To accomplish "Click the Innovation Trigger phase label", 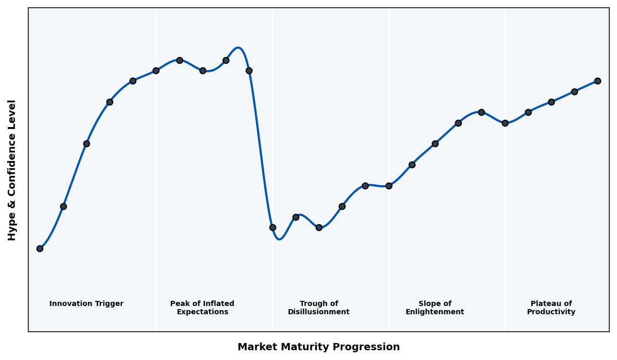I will click(86, 304).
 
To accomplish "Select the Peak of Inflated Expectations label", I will click(202, 308).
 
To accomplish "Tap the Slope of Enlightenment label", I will click(434, 308).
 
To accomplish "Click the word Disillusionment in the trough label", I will click(318, 312).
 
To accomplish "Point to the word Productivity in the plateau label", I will click(551, 312).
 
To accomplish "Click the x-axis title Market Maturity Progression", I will click(318, 347).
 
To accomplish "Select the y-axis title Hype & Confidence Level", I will click(12, 170).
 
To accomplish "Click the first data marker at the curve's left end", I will click(40, 248).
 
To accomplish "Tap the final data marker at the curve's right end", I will click(597, 81).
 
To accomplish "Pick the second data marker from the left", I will click(63, 206).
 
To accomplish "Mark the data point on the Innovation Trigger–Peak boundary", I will click(156, 70).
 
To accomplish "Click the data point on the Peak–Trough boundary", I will click(273, 227).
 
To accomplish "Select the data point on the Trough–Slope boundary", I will click(389, 186).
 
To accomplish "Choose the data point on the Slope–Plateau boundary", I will click(505, 123).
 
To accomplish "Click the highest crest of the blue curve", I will click(238, 48).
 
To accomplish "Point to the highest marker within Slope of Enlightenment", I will click(481, 112).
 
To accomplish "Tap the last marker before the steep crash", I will click(249, 70).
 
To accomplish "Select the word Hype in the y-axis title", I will click(12, 226).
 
